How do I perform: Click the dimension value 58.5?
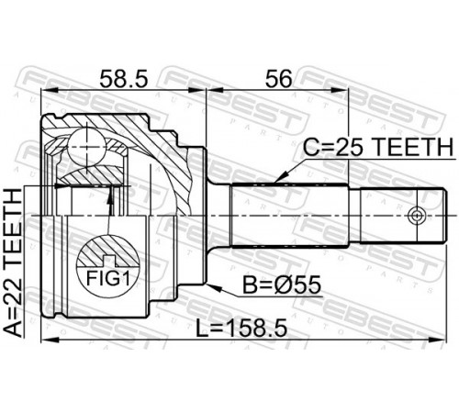[124, 78]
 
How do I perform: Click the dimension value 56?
[278, 78]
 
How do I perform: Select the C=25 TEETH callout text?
[377, 147]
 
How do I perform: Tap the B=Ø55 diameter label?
[282, 285]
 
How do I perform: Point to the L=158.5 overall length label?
[241, 328]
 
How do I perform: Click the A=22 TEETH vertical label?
[13, 263]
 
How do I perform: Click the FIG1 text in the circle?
[108, 278]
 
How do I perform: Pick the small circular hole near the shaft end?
[417, 216]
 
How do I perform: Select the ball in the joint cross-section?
[87, 147]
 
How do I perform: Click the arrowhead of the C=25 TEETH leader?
[281, 177]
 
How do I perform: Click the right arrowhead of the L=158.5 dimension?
[438, 340]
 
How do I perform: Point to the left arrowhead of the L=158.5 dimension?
[50, 340]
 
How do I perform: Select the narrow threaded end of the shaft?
[401, 216]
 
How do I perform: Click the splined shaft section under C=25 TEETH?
[290, 215]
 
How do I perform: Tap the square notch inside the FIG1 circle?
[110, 261]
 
